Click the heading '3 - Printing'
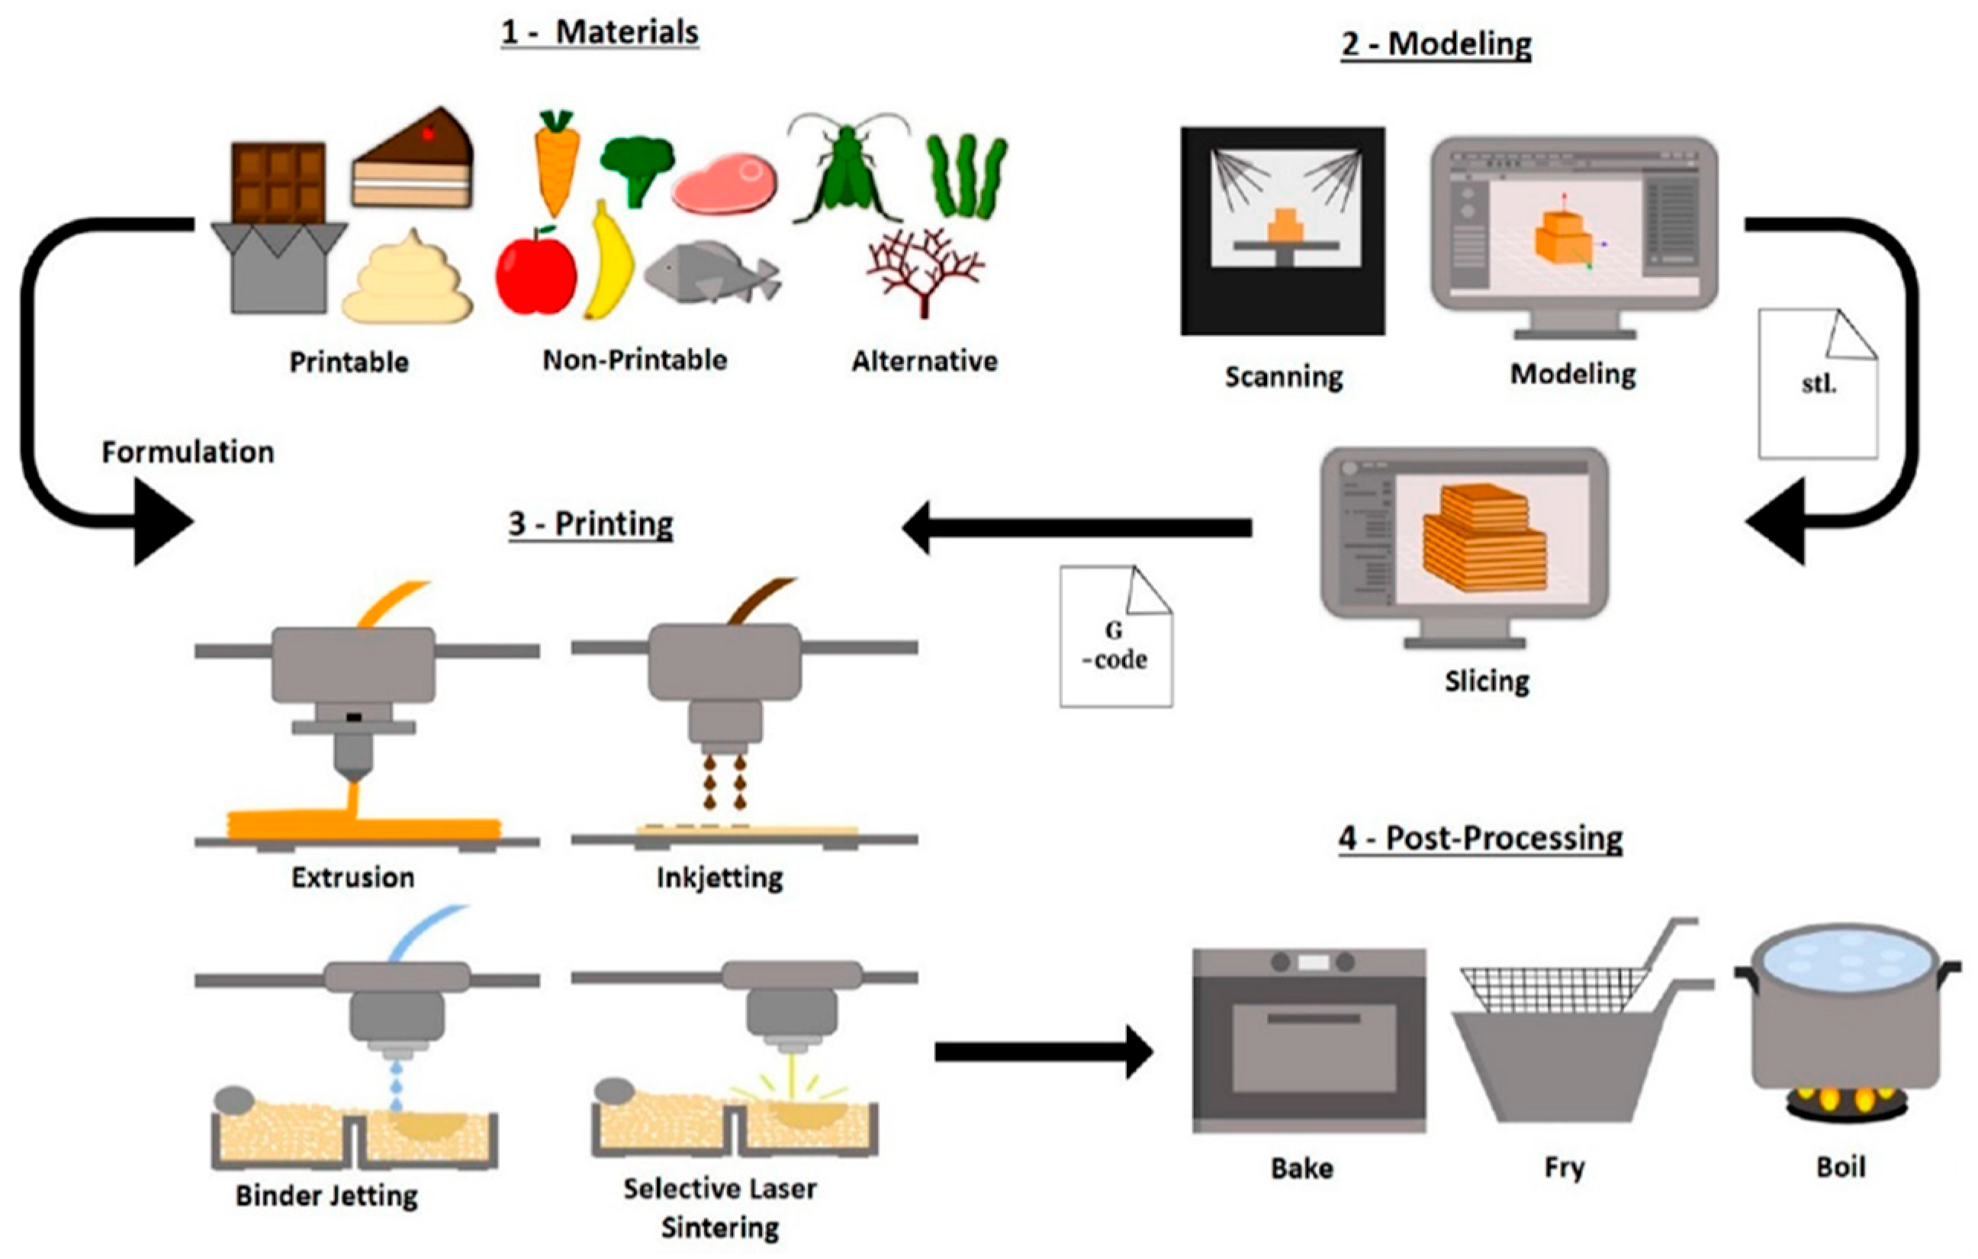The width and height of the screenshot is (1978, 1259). (x=590, y=523)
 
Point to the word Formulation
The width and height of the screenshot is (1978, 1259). (x=188, y=452)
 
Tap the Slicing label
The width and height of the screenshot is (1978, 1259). (x=1487, y=681)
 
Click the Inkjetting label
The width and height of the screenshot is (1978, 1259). (x=719, y=877)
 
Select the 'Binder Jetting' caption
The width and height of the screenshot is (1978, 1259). (x=326, y=1195)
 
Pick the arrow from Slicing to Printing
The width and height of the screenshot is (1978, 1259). (x=1076, y=527)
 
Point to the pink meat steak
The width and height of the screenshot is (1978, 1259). (x=725, y=182)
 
